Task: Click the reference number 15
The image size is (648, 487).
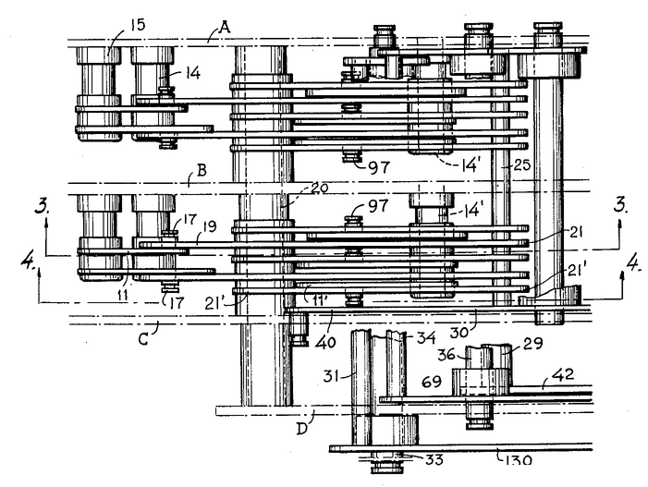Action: point(138,25)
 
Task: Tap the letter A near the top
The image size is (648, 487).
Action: point(225,28)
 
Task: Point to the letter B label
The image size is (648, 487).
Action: point(202,170)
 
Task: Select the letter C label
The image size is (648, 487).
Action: point(143,339)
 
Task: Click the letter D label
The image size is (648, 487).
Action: point(302,429)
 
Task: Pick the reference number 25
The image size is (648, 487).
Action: point(520,165)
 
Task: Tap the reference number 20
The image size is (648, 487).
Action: point(318,189)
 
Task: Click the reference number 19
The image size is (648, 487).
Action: point(210,226)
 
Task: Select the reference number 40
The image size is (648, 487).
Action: point(324,343)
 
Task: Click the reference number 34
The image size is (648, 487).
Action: point(425,338)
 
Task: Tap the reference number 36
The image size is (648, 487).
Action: point(446,355)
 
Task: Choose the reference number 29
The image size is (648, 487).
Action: point(533,343)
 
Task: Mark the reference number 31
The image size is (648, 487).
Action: point(333,376)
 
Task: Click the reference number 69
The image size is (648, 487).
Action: point(432,382)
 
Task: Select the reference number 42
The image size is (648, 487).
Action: point(565,374)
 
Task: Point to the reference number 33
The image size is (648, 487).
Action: point(434,459)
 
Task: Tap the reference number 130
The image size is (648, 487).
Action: point(520,459)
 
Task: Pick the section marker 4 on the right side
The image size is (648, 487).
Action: point(633,264)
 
